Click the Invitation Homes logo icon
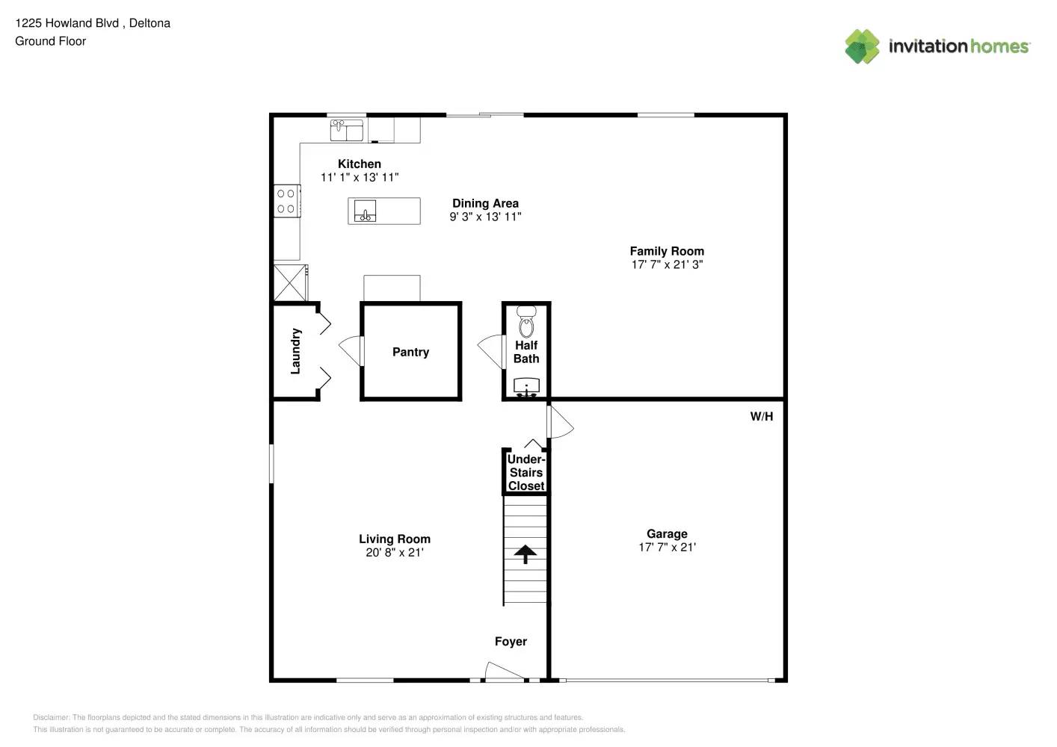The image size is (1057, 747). [x=862, y=46]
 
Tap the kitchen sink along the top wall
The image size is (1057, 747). [x=347, y=130]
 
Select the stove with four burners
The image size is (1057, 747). [x=286, y=201]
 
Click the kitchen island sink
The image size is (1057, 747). [x=365, y=211]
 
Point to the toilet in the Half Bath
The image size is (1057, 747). [x=526, y=323]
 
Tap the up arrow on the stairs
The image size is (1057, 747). [x=526, y=554]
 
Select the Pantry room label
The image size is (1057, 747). [x=410, y=352]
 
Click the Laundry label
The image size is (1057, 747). [x=295, y=351]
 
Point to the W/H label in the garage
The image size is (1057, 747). [x=761, y=416]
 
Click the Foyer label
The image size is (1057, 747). [x=511, y=642]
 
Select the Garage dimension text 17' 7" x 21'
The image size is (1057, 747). [x=667, y=547]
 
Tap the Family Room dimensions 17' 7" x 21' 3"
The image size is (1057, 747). [x=667, y=264]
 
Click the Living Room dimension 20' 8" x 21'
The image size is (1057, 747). [x=394, y=553]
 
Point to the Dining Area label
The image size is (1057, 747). [x=485, y=203]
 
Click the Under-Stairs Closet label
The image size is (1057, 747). [x=526, y=472]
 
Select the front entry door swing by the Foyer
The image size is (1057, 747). [x=502, y=672]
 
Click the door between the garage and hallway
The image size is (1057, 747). [x=560, y=423]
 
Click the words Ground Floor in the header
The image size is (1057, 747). [x=50, y=41]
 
